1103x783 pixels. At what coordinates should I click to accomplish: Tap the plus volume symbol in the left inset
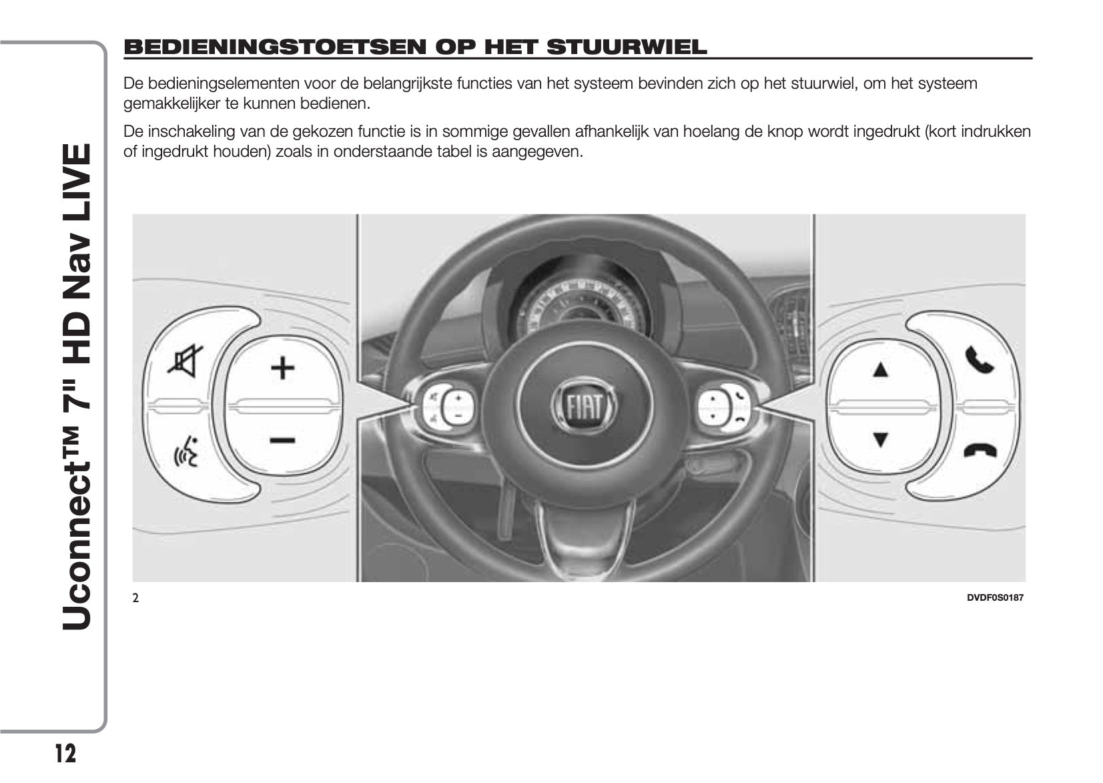282,367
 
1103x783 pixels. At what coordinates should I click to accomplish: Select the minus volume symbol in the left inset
282,440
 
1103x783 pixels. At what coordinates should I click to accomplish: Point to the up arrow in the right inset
881,369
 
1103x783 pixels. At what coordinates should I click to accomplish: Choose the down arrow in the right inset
881,440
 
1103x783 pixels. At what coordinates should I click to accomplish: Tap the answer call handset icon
980,360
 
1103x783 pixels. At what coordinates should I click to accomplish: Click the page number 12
65,754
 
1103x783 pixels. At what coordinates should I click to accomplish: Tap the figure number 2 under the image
135,598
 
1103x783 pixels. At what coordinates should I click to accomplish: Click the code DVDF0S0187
994,597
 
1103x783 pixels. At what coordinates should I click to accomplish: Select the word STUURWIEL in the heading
626,47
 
